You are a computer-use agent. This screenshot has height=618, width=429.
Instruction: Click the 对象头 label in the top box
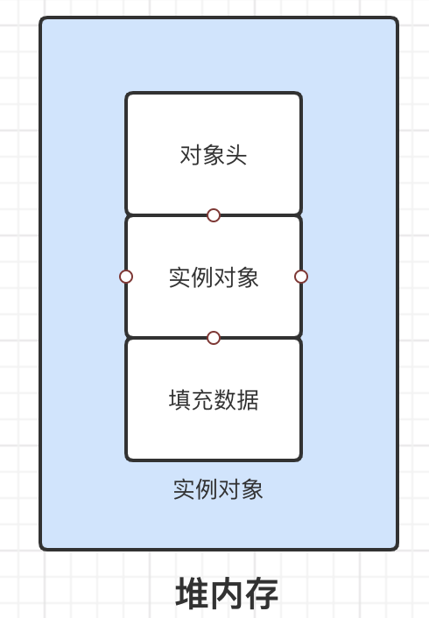214,155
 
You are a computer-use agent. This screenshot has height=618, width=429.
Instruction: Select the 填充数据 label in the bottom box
214,400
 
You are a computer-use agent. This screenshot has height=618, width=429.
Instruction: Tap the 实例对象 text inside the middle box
214,277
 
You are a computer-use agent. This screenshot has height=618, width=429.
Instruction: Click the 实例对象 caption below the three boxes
218,489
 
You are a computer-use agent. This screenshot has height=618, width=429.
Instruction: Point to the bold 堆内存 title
227,593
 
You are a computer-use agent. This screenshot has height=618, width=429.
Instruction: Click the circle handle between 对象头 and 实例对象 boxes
214,215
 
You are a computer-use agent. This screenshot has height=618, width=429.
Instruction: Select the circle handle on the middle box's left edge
126,277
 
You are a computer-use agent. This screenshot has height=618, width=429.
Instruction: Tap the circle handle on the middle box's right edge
301,277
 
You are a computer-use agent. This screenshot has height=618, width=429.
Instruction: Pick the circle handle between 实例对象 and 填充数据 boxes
214,338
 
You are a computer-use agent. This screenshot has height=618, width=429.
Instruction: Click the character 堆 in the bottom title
192,593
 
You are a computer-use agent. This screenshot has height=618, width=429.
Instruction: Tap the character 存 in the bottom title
262,593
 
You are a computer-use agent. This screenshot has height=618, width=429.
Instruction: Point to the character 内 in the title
227,593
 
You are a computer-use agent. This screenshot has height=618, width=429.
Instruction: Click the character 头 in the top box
236,155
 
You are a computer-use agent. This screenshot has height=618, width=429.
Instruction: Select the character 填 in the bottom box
179,400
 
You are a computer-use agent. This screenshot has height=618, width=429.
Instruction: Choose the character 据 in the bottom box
248,400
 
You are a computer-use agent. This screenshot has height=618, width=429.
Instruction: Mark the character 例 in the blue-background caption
207,489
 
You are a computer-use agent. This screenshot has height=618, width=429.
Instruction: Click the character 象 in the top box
214,155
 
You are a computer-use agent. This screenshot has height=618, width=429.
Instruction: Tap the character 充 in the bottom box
202,400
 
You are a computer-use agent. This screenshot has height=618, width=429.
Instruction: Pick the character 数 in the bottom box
225,400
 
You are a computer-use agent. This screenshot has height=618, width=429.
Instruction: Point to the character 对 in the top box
191,155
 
